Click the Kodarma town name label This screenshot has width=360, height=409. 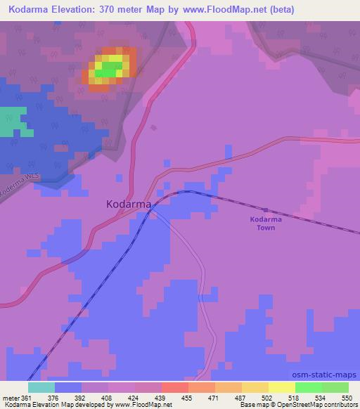coord(128,204)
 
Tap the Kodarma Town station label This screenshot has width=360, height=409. coord(265,223)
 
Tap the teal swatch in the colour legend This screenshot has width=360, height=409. coord(41,387)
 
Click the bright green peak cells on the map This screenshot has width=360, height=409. coord(109,70)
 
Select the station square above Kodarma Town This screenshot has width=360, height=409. coord(265,209)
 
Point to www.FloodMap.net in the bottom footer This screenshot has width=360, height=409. coord(129,405)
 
